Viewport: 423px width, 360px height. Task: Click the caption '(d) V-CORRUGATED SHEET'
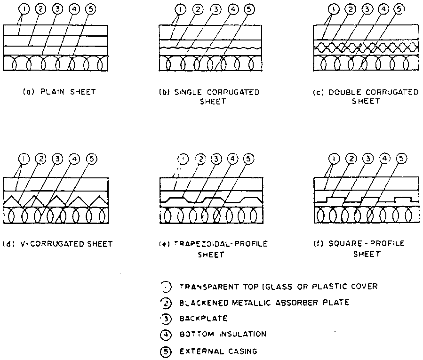pos(57,244)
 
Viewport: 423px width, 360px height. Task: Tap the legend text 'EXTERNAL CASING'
pos(218,350)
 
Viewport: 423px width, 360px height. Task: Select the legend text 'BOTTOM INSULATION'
pos(223,334)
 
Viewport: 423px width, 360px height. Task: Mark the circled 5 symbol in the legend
pos(166,350)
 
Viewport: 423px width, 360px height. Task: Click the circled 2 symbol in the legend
pos(166,302)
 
